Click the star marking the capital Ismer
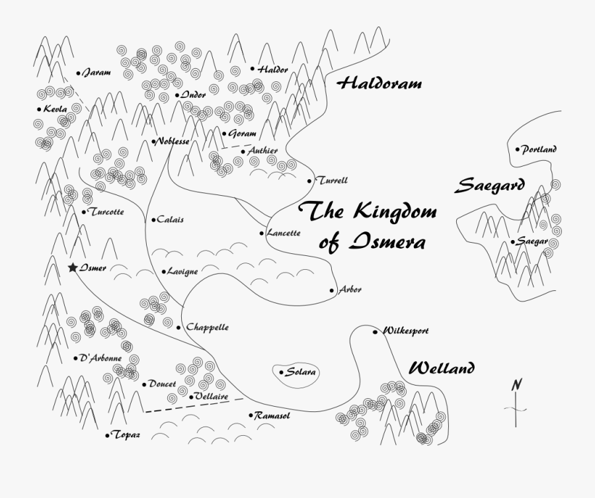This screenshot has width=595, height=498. pyautogui.click(x=72, y=268)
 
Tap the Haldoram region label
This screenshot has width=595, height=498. pyautogui.click(x=379, y=84)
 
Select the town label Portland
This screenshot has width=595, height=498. pyautogui.click(x=539, y=149)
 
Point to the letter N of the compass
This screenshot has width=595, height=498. pyautogui.click(x=517, y=385)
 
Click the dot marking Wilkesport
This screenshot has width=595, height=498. pyautogui.click(x=375, y=331)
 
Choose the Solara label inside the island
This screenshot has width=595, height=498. pyautogui.click(x=301, y=372)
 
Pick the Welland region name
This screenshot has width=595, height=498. pyautogui.click(x=442, y=368)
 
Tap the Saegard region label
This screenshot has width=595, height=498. pyautogui.click(x=489, y=185)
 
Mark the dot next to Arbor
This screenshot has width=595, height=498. pyautogui.click(x=332, y=290)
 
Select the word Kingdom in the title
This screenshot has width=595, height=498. pyautogui.click(x=395, y=212)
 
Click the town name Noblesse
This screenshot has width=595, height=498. pyautogui.click(x=173, y=142)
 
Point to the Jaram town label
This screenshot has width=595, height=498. pyautogui.click(x=97, y=73)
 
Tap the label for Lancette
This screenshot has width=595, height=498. pyautogui.click(x=284, y=233)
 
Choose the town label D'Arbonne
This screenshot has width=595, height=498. pyautogui.click(x=100, y=358)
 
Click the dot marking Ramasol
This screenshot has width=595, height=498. pyautogui.click(x=251, y=415)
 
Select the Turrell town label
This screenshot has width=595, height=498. pyautogui.click(x=332, y=180)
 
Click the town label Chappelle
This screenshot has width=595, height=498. pyautogui.click(x=207, y=327)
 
